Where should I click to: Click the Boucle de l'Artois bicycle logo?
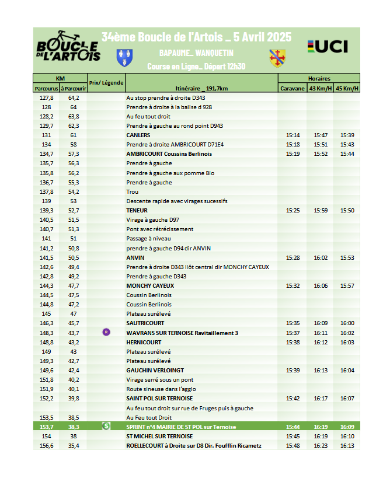click(x=68, y=47)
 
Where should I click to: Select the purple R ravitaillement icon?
click(x=106, y=332)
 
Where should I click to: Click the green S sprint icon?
click(x=106, y=426)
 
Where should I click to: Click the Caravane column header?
click(x=292, y=88)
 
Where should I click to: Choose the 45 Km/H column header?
click(x=347, y=88)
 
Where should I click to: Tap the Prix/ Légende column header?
click(x=106, y=83)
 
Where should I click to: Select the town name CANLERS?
click(x=138, y=135)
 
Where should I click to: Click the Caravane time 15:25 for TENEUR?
click(x=293, y=210)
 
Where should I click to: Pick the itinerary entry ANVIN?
click(x=135, y=257)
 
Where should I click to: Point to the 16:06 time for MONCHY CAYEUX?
click(x=321, y=285)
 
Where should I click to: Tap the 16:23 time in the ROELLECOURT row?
click(x=321, y=445)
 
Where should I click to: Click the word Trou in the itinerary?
click(x=132, y=191)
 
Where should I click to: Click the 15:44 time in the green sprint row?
click(x=293, y=427)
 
